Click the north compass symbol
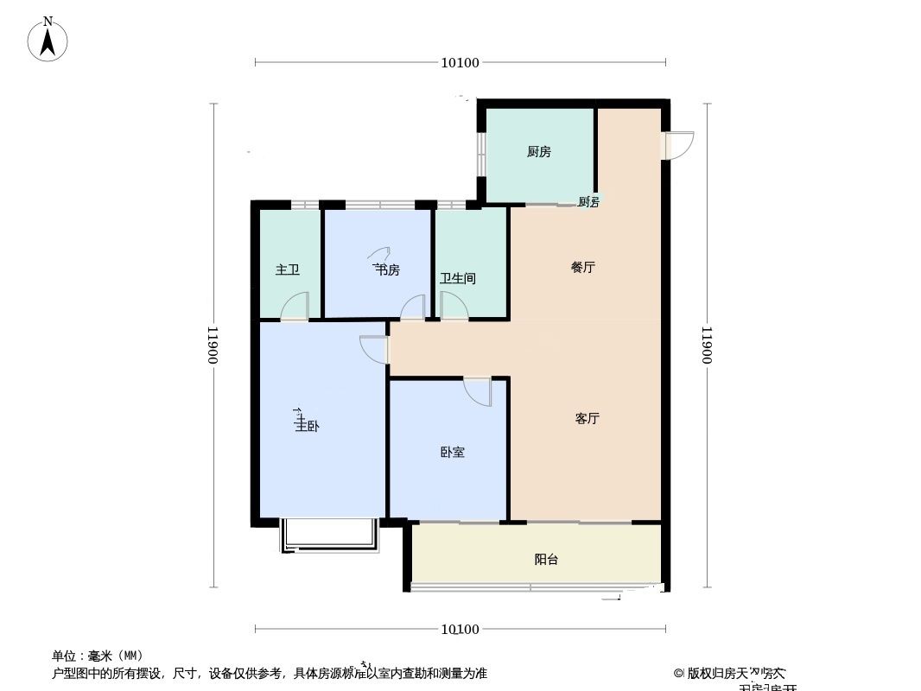coord(48,39)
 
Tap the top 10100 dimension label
coord(460,62)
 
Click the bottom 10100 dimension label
coord(460,630)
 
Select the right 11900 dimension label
coord(708,345)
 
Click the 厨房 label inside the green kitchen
coord(538,152)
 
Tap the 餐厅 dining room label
coord(583,268)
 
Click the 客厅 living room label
coord(587,419)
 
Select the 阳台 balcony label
coord(546,560)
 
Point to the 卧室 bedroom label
coord(452,452)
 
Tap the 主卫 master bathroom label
coord(288,270)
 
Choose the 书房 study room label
coord(386,270)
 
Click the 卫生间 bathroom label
coord(457,279)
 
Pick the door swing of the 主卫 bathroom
coord(296,307)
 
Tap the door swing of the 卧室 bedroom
coord(478,390)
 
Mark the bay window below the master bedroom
coord(329,536)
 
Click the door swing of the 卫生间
coord(453,306)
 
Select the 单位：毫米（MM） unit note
coord(98,656)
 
